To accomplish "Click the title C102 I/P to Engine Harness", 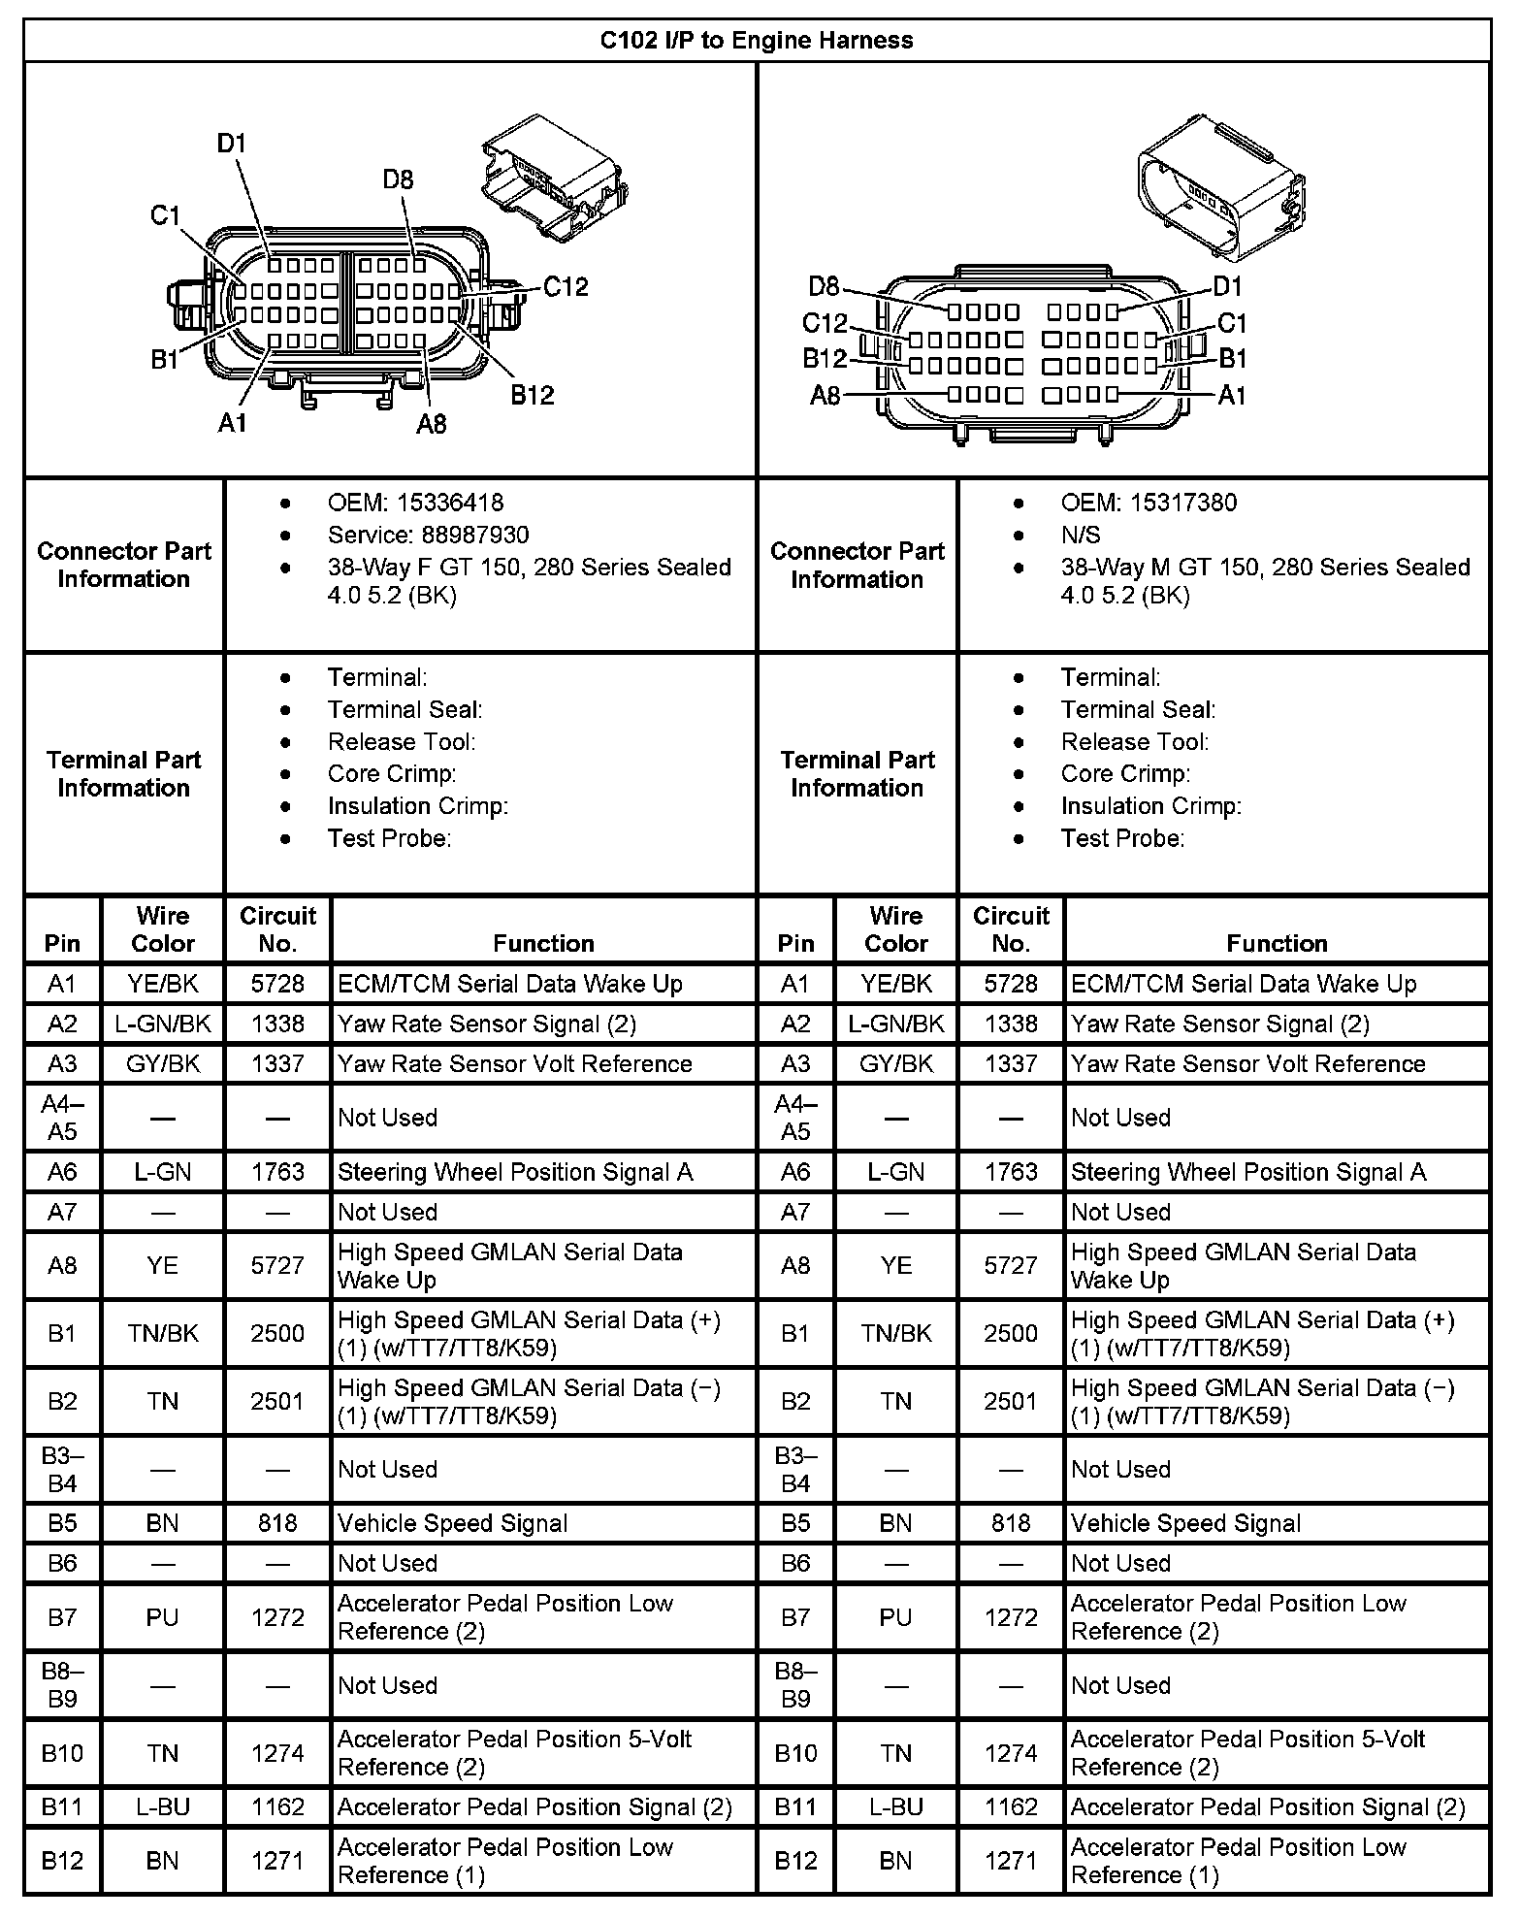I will click(757, 40).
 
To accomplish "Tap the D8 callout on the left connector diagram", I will click(398, 179).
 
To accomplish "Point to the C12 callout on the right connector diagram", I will click(825, 323).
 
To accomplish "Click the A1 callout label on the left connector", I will click(233, 422).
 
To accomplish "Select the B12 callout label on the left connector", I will click(533, 394).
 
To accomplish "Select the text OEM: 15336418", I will click(415, 503).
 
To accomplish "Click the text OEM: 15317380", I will click(1149, 503).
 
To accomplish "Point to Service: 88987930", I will click(428, 535).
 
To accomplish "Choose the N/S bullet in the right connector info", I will click(1081, 535).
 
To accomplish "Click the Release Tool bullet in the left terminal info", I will click(402, 742).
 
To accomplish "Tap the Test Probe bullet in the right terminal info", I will click(1122, 838).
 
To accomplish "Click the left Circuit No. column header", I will click(277, 929).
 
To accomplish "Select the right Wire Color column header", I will click(895, 929).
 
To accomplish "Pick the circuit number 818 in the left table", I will click(277, 1523).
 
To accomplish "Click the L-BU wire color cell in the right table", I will click(895, 1806).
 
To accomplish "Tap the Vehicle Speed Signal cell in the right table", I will click(1185, 1523).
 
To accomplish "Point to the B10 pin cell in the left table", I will click(62, 1753).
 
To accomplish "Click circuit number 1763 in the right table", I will click(1011, 1172).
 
